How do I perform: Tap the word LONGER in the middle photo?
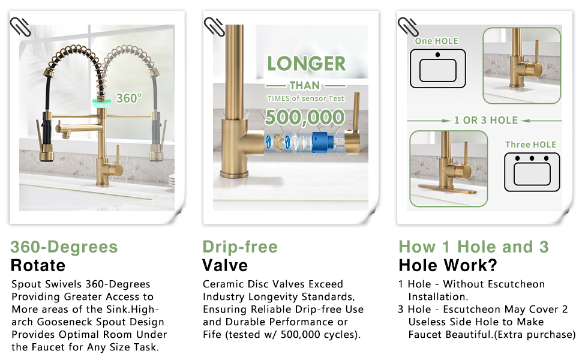(307, 64)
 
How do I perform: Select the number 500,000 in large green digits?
(305, 117)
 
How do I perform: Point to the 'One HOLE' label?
(436, 41)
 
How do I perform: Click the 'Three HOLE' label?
(530, 145)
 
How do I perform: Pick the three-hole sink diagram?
(532, 172)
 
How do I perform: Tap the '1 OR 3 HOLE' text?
(485, 120)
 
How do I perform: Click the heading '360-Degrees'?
(64, 247)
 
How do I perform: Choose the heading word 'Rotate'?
(38, 265)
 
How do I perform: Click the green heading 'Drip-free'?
(240, 247)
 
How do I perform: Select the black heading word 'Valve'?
(225, 265)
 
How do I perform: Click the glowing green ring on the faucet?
(101, 97)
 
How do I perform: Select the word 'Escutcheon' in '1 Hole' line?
(515, 284)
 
